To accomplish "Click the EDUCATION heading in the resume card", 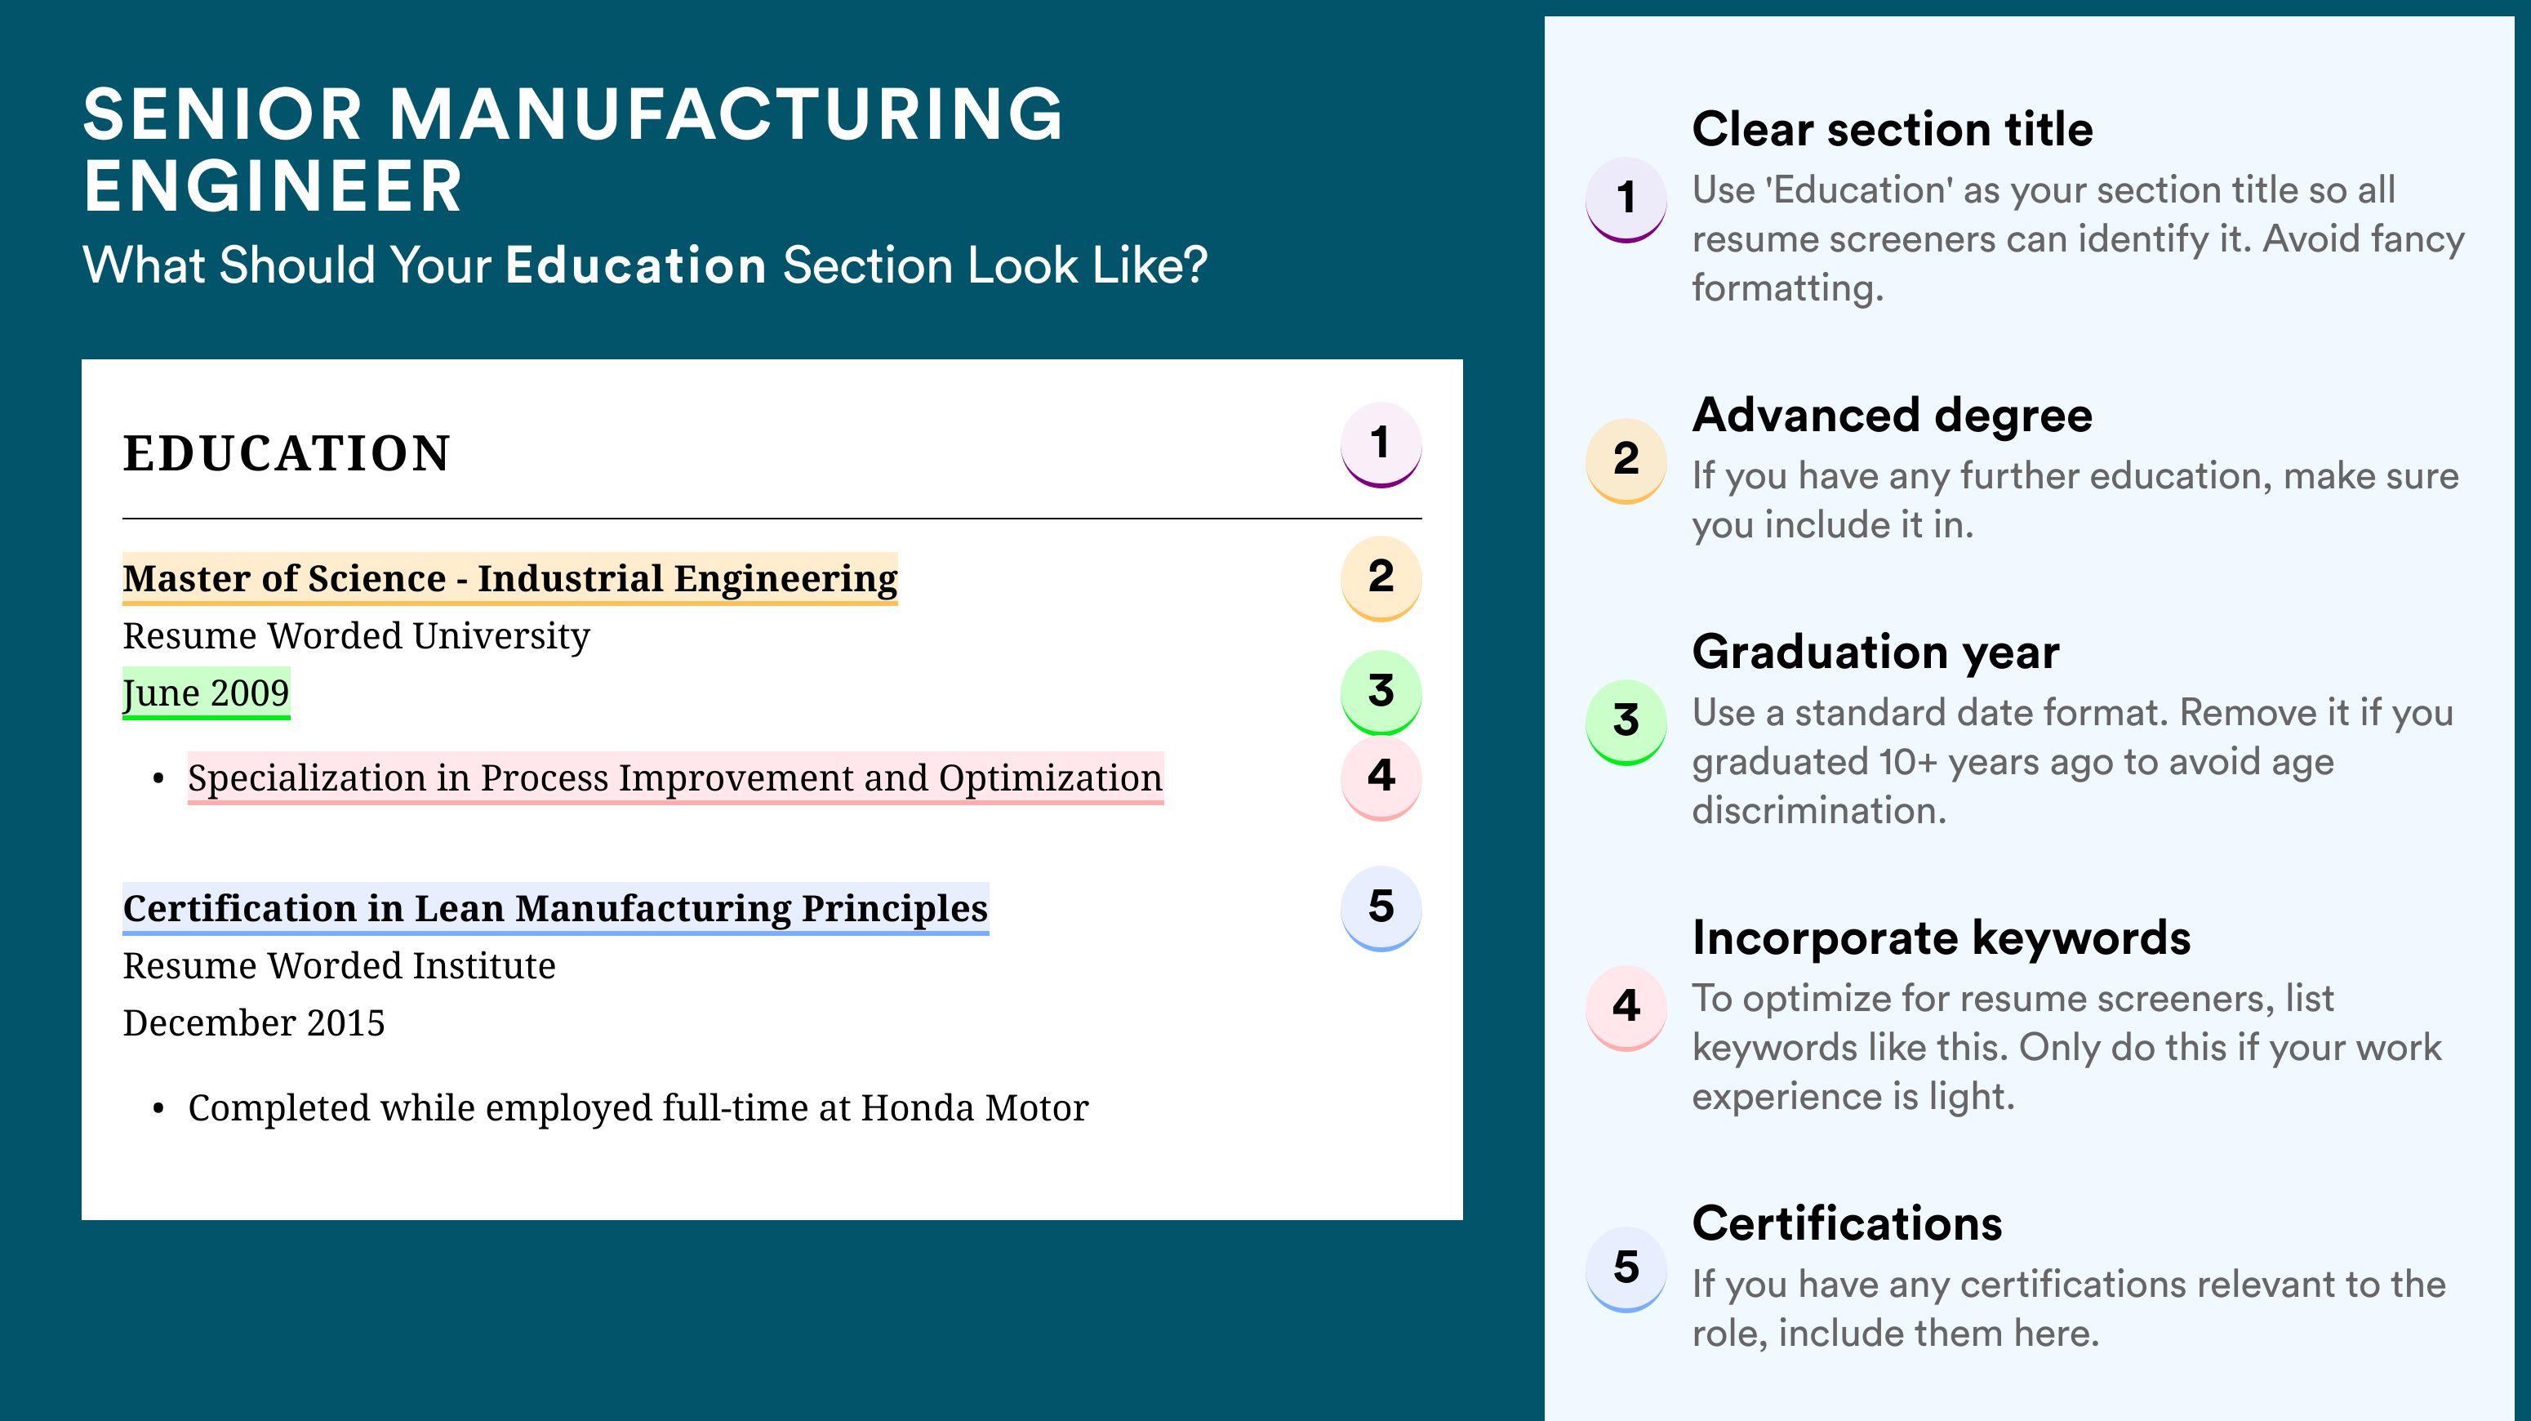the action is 287,453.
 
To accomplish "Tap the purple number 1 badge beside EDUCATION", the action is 1381,444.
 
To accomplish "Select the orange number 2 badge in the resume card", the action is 1381,578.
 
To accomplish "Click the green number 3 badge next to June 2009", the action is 1381,693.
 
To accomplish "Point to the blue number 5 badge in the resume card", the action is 1381,908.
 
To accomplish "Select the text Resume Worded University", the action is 357,636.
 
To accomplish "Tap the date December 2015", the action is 253,1023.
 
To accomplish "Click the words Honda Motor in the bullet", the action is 975,1107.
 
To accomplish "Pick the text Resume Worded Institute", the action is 339,966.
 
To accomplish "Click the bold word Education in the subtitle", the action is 636,265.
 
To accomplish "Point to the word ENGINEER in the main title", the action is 272,187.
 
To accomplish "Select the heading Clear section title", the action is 1893,129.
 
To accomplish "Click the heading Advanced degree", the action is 1893,416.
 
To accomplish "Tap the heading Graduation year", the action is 1875,652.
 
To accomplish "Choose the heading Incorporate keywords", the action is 1942,938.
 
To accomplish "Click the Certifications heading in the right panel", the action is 1847,1223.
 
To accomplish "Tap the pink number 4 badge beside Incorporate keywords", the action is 1626,1007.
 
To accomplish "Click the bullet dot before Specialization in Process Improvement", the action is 158,779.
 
